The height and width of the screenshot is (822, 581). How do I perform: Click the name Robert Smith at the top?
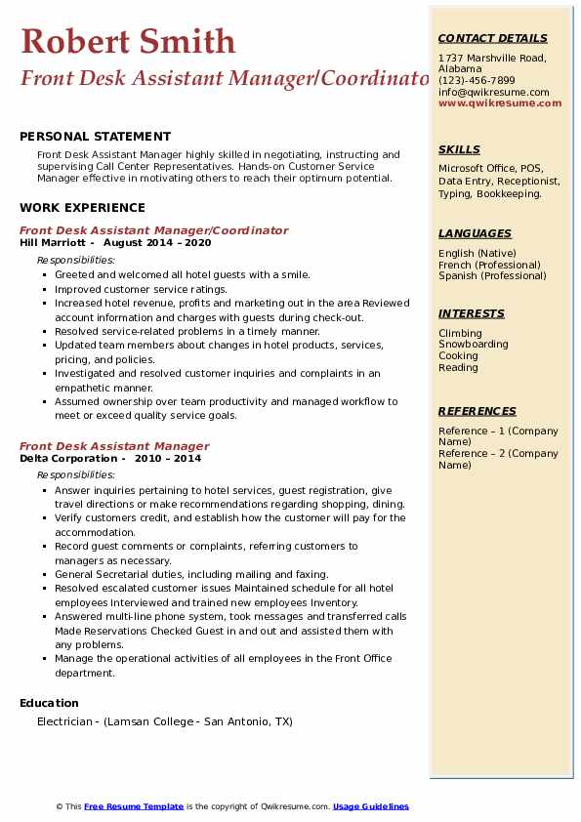(128, 41)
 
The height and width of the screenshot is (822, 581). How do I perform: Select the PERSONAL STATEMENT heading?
(95, 137)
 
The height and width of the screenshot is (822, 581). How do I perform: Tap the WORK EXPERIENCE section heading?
(82, 207)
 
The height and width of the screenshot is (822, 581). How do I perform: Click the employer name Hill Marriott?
(55, 242)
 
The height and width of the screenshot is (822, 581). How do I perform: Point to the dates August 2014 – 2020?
(156, 242)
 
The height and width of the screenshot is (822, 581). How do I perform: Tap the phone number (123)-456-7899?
(477, 81)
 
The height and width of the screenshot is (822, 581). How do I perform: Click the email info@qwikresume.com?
(493, 92)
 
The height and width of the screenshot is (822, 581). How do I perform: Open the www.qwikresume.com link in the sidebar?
(500, 103)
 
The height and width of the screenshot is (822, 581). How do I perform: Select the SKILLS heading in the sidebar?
(459, 149)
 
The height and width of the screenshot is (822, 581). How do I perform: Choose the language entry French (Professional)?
(489, 265)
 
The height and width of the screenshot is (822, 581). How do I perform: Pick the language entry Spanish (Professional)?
(491, 275)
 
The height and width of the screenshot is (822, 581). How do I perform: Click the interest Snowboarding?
(473, 345)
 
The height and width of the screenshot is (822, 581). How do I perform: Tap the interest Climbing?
(460, 333)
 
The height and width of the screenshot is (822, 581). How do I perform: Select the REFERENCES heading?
(476, 411)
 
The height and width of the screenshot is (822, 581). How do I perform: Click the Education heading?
(49, 703)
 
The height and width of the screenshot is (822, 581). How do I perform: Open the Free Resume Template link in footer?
(134, 806)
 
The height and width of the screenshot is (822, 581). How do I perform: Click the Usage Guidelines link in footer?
(370, 806)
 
